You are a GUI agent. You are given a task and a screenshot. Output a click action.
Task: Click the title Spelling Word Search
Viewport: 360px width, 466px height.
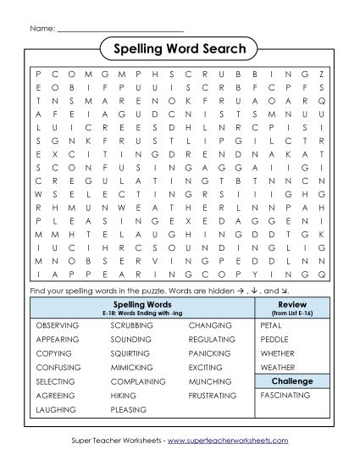180,49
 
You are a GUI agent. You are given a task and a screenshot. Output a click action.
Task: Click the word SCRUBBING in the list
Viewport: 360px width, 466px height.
131,325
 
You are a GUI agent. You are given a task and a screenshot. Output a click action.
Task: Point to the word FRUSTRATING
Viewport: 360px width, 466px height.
213,396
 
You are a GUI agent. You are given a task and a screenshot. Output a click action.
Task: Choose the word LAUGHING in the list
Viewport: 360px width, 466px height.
54,410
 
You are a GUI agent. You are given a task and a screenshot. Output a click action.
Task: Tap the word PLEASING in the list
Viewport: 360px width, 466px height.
129,410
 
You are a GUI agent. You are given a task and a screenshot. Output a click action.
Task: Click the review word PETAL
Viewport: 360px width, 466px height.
271,325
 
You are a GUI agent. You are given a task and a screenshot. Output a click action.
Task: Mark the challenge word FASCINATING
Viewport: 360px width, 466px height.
286,396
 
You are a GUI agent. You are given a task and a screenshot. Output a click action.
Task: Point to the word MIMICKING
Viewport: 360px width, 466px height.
131,367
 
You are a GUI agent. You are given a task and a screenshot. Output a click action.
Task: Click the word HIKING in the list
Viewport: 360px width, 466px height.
123,396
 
